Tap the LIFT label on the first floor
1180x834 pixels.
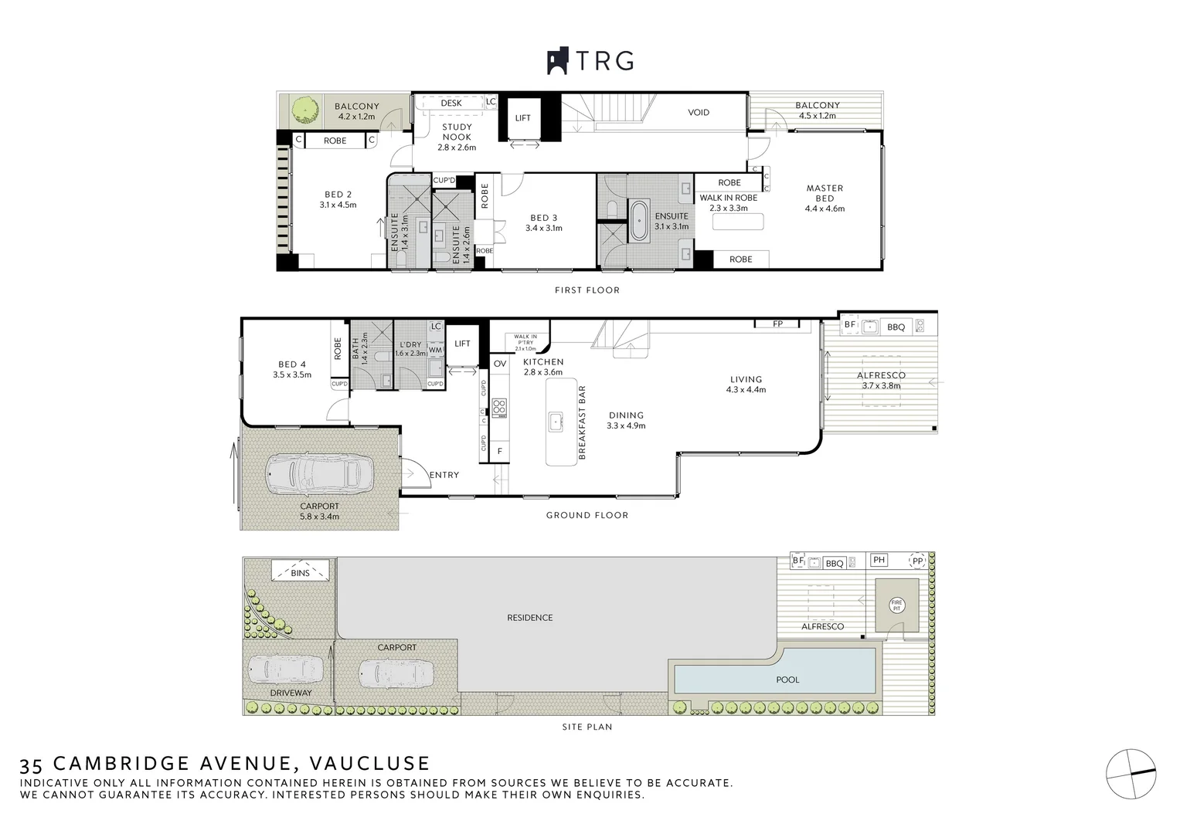523,118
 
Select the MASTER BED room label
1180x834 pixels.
825,193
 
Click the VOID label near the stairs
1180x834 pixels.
699,113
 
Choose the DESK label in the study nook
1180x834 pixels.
451,103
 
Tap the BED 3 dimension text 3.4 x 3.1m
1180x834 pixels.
544,229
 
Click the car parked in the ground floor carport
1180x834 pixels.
319,473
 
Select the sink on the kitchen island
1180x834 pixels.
556,422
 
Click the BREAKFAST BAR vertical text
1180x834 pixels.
582,422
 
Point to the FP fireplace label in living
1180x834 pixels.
777,324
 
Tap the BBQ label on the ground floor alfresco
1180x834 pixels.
896,327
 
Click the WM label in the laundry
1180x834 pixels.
435,350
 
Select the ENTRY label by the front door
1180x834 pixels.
444,475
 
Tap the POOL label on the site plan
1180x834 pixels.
787,680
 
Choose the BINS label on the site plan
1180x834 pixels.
300,573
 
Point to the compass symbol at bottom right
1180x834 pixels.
1131,774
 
